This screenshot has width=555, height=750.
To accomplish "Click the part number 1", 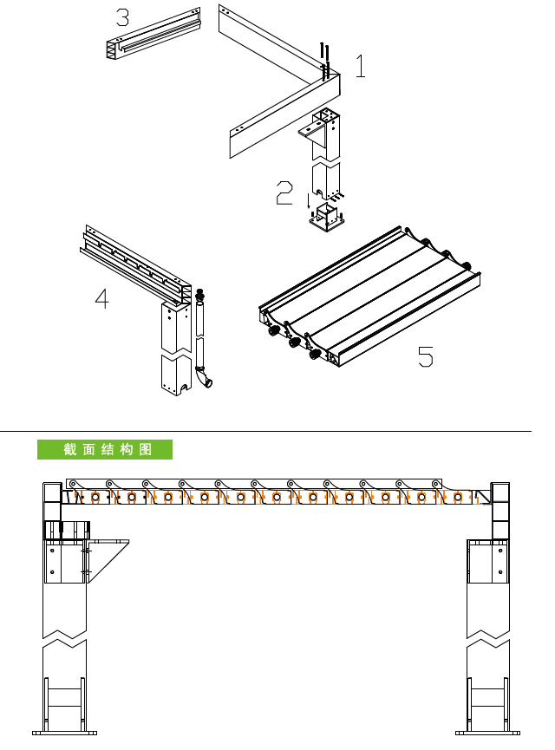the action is pos(361,66).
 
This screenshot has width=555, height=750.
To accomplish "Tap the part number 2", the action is pos(284,192).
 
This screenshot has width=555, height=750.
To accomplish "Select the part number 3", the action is pos(123,17).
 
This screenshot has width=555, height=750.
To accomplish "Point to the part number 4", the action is pos(102,298).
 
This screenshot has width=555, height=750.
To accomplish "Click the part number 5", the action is pos(425,357).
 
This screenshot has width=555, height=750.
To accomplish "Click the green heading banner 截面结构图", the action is pos(105,450).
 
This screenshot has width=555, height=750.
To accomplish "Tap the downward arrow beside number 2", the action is pos(308,201).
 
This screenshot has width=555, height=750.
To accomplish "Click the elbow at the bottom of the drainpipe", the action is pos(204,377).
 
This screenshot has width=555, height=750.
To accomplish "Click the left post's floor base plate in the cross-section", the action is pos(64,733).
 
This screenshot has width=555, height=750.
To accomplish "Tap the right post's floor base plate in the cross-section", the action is pos(487,733).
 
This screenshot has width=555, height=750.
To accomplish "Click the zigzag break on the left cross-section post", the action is pos(64,638).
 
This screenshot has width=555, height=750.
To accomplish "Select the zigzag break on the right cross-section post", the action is pos(488,638).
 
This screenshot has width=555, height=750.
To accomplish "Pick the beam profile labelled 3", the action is pos(153,34).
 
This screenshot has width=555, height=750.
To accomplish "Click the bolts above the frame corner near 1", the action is pos(325,61).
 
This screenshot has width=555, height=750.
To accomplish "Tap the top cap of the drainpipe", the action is pos(199,293).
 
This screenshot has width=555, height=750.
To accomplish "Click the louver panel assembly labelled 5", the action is pos(369,297).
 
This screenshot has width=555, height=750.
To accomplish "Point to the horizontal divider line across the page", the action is pos(265,431).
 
